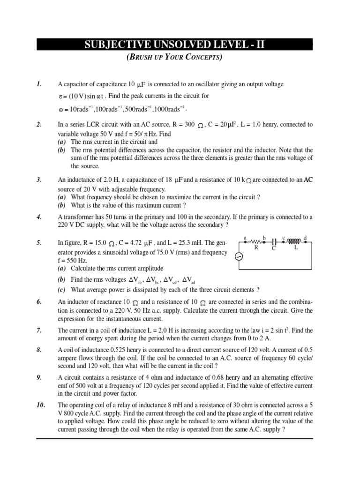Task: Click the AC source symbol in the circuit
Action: coord(238,256)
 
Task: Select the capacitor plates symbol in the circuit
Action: coord(275,242)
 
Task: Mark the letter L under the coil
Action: coord(296,248)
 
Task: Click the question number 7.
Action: coord(39,330)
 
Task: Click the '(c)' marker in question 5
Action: coord(62,290)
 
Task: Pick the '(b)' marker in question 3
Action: coord(62,205)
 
